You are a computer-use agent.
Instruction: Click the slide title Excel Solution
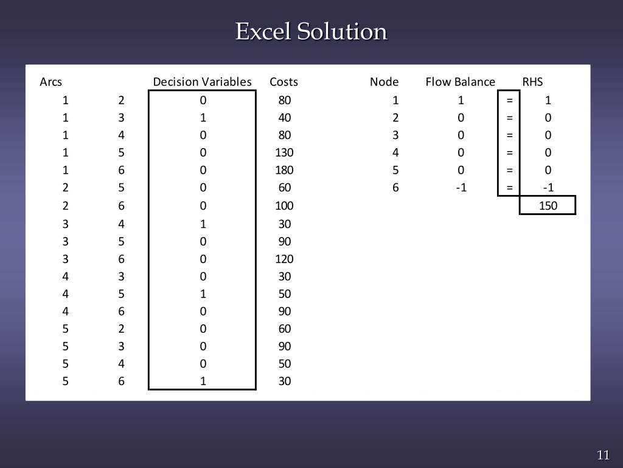(311, 31)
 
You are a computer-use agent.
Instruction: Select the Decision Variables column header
(202, 82)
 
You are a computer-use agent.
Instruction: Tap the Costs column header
(284, 82)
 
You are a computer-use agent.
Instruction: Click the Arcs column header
(50, 82)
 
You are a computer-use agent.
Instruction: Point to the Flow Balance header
(460, 82)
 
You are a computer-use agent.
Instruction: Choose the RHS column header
(532, 82)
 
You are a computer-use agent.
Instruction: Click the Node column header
(384, 82)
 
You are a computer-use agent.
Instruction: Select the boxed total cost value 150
(548, 205)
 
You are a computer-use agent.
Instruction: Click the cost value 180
(284, 170)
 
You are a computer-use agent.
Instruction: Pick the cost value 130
(284, 152)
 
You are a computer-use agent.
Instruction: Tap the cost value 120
(284, 258)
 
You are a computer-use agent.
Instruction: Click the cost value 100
(284, 205)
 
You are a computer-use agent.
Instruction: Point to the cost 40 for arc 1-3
(284, 117)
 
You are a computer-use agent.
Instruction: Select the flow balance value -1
(461, 188)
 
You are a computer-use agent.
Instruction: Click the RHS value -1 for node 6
(548, 188)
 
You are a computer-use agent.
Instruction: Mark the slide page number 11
(603, 455)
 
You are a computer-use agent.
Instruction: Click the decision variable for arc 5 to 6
(203, 381)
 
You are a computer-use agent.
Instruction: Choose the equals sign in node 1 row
(509, 100)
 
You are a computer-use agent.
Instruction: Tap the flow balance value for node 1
(461, 100)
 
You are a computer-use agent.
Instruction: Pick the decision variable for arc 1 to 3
(203, 117)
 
